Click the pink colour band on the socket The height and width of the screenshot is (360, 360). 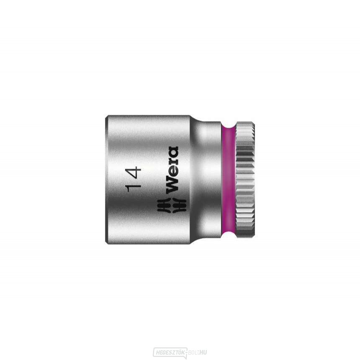(x=229, y=180)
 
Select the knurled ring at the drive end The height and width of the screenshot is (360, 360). (x=246, y=180)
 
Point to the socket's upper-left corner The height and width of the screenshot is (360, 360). (x=106, y=117)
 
